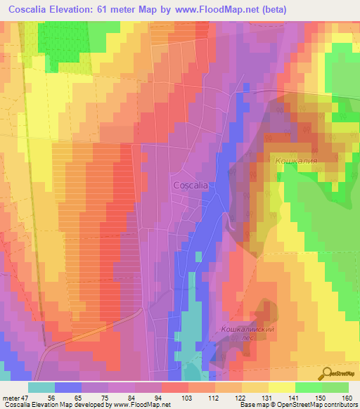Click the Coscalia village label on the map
(190, 185)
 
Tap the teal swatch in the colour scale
(41, 387)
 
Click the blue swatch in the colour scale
(68, 387)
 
